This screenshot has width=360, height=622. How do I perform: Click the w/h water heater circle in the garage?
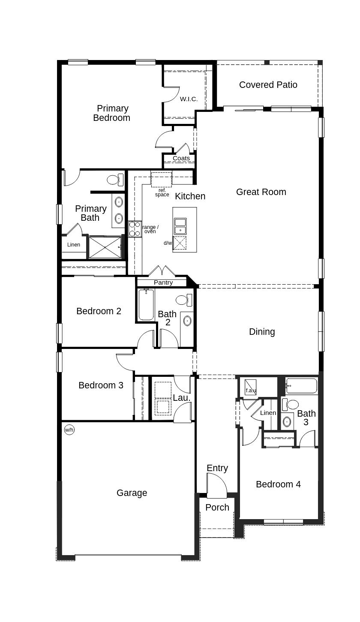coord(69,430)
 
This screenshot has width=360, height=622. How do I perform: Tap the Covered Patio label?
coord(268,85)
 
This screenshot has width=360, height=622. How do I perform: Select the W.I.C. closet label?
coord(189,99)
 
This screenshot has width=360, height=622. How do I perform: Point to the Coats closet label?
coord(181,158)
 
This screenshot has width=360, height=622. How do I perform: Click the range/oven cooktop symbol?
coord(135,229)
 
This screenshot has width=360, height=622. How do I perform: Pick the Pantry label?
coord(163,282)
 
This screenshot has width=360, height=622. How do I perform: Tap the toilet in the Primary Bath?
coord(115,180)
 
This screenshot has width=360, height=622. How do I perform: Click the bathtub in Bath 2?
coord(146,305)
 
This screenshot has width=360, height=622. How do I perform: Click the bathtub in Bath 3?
coord(301,386)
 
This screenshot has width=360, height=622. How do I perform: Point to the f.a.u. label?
coord(251,391)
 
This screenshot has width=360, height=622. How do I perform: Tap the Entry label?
coord(217,468)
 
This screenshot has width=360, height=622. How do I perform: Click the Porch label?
coord(217,507)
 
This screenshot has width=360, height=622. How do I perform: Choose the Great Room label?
coord(261,192)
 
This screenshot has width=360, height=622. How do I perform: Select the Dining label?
coord(262,331)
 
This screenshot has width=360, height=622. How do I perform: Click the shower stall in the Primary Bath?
coord(105,247)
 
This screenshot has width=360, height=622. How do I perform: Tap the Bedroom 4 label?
coord(279,484)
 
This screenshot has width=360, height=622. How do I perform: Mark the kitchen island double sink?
coord(180,226)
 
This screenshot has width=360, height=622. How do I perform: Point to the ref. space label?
coord(162,192)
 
